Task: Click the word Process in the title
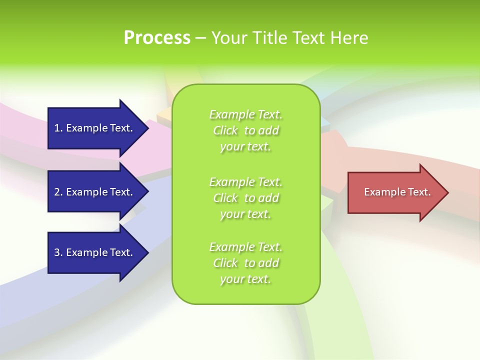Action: (x=157, y=38)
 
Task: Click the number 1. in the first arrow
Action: (x=58, y=128)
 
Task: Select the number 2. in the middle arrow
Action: (x=58, y=192)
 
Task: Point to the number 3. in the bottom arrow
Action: (x=58, y=252)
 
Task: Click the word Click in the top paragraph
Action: (x=225, y=131)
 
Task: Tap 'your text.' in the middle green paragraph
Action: (x=245, y=214)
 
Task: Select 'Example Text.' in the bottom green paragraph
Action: (x=245, y=247)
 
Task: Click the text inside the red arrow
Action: (x=397, y=192)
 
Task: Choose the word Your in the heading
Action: (x=228, y=38)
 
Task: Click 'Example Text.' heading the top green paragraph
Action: (x=245, y=114)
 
